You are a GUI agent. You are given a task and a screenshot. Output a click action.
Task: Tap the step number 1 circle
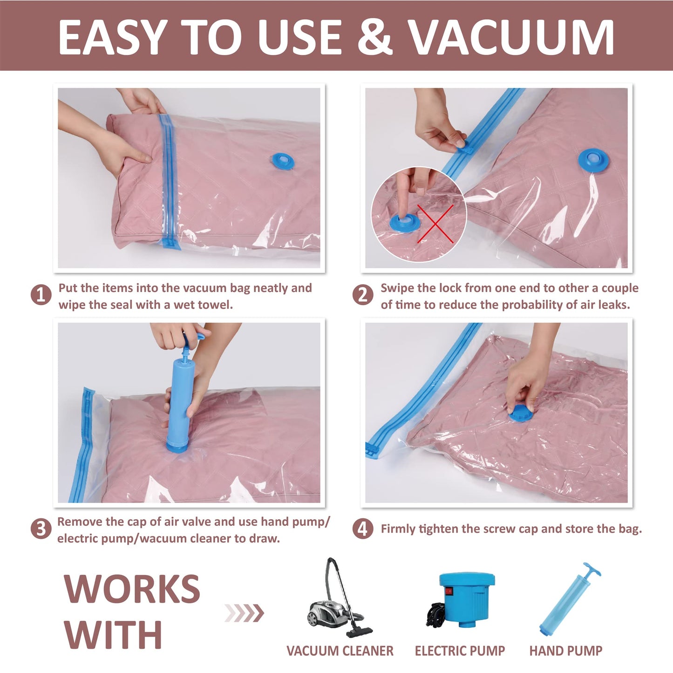(41, 295)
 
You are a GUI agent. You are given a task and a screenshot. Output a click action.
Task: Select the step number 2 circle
(362, 295)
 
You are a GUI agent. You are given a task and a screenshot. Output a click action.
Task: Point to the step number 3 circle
(41, 529)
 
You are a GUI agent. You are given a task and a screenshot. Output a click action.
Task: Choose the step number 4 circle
(362, 529)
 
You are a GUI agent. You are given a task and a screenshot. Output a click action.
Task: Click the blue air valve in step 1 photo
(283, 161)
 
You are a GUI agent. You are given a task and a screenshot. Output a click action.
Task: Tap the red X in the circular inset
(435, 224)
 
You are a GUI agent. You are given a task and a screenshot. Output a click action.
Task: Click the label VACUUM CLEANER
(340, 651)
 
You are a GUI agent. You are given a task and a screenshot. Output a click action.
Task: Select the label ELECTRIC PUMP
(460, 651)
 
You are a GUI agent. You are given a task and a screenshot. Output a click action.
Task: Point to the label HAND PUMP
(565, 651)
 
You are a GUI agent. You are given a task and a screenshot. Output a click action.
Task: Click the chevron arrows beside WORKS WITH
(244, 612)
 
